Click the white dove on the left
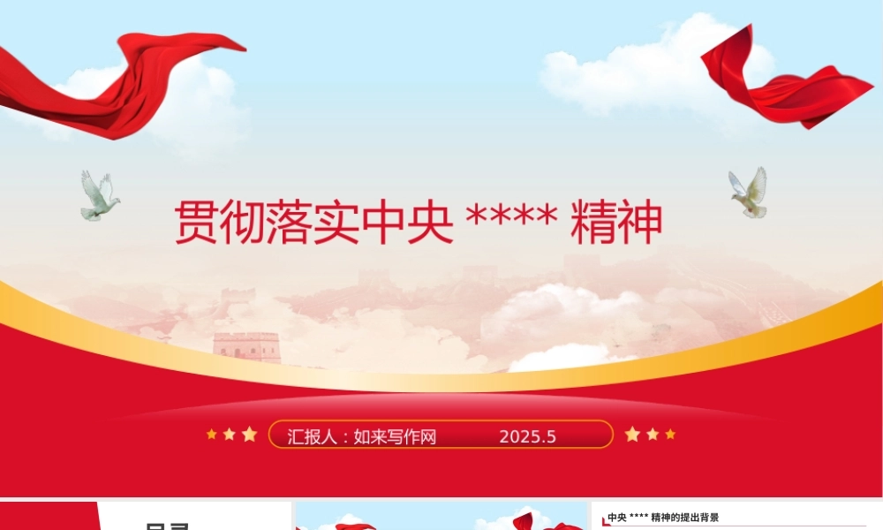(98, 196)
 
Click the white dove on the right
(749, 193)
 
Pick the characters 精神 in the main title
(616, 223)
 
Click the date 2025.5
(527, 436)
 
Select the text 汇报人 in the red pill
(313, 436)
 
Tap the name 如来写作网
(395, 436)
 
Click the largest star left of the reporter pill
(250, 434)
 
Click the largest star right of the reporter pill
(632, 434)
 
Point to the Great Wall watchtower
(246, 346)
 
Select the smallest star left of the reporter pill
(211, 434)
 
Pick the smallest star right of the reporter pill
(670, 434)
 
